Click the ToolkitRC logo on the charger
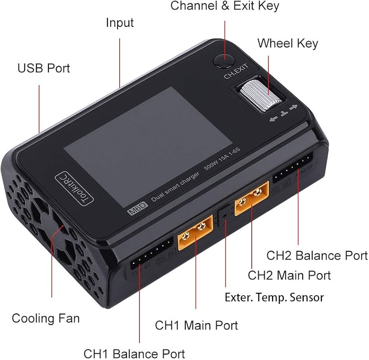(74, 189)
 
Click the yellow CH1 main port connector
(195, 232)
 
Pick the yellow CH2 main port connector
(252, 198)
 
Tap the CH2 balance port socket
(293, 167)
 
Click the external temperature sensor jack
(225, 216)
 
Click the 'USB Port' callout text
(44, 68)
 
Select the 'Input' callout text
(120, 23)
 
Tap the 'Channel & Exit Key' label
(225, 6)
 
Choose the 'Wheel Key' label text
(288, 44)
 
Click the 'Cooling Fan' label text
(46, 318)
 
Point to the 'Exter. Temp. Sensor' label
(274, 297)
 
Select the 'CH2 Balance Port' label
(317, 256)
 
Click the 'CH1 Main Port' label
(196, 325)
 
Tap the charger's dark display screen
(148, 147)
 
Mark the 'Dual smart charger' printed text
(175, 187)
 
